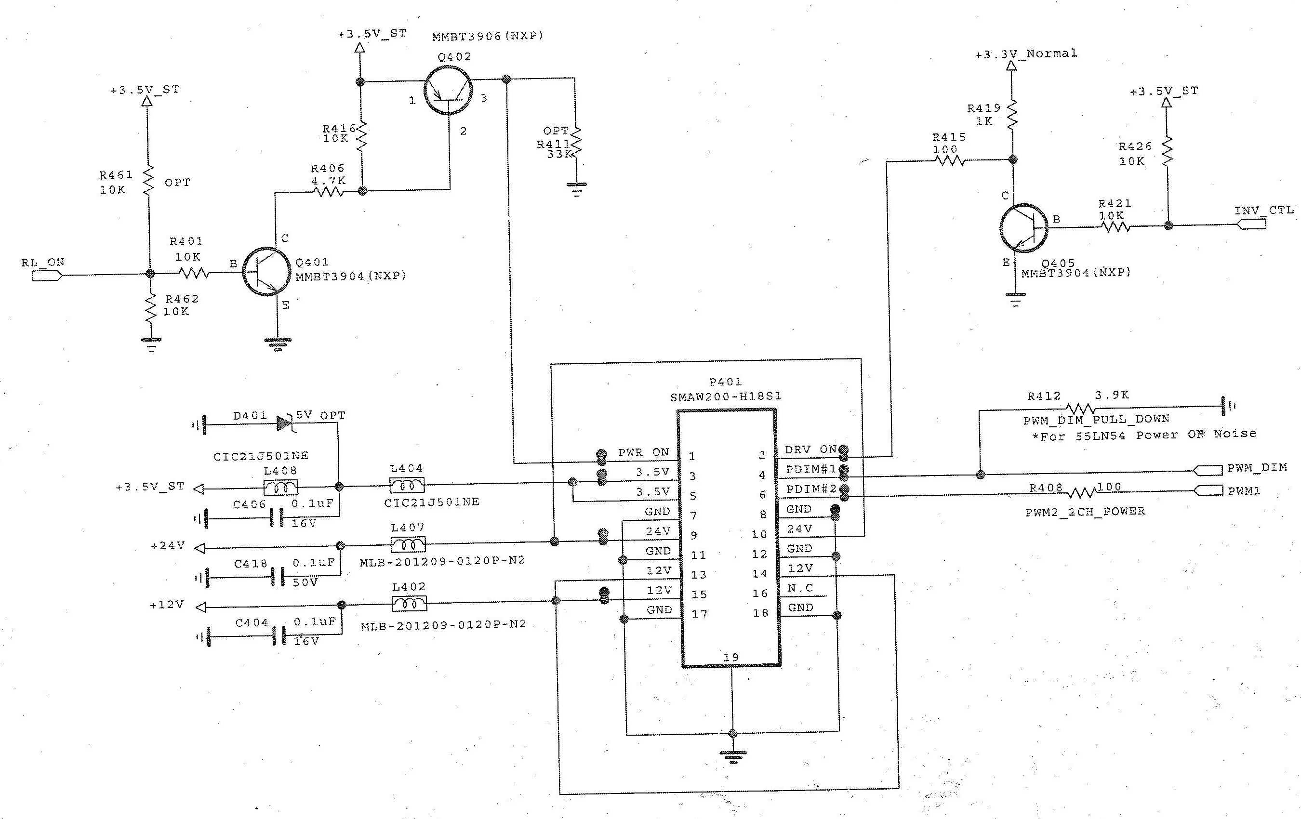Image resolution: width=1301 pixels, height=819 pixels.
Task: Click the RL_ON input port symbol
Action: [x=48, y=276]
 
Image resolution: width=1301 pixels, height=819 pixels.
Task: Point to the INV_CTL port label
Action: [x=1264, y=210]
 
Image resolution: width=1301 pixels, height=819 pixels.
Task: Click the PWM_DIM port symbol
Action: [x=1207, y=471]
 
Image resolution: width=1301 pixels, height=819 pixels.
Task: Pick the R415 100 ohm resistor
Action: [x=949, y=160]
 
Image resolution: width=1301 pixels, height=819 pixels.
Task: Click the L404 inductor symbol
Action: [x=407, y=485]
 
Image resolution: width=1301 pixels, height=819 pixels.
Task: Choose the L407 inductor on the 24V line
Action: [x=408, y=544]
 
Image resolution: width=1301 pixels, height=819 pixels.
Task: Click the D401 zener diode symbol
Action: [x=285, y=423]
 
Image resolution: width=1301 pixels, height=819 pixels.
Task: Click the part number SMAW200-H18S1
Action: [x=726, y=396]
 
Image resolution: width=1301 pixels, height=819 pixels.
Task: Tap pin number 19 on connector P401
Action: [x=731, y=657]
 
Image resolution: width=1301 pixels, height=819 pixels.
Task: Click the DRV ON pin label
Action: [x=810, y=449]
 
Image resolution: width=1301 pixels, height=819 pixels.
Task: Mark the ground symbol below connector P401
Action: [x=732, y=755]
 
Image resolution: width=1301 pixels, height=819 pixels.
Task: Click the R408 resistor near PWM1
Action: [x=1081, y=492]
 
